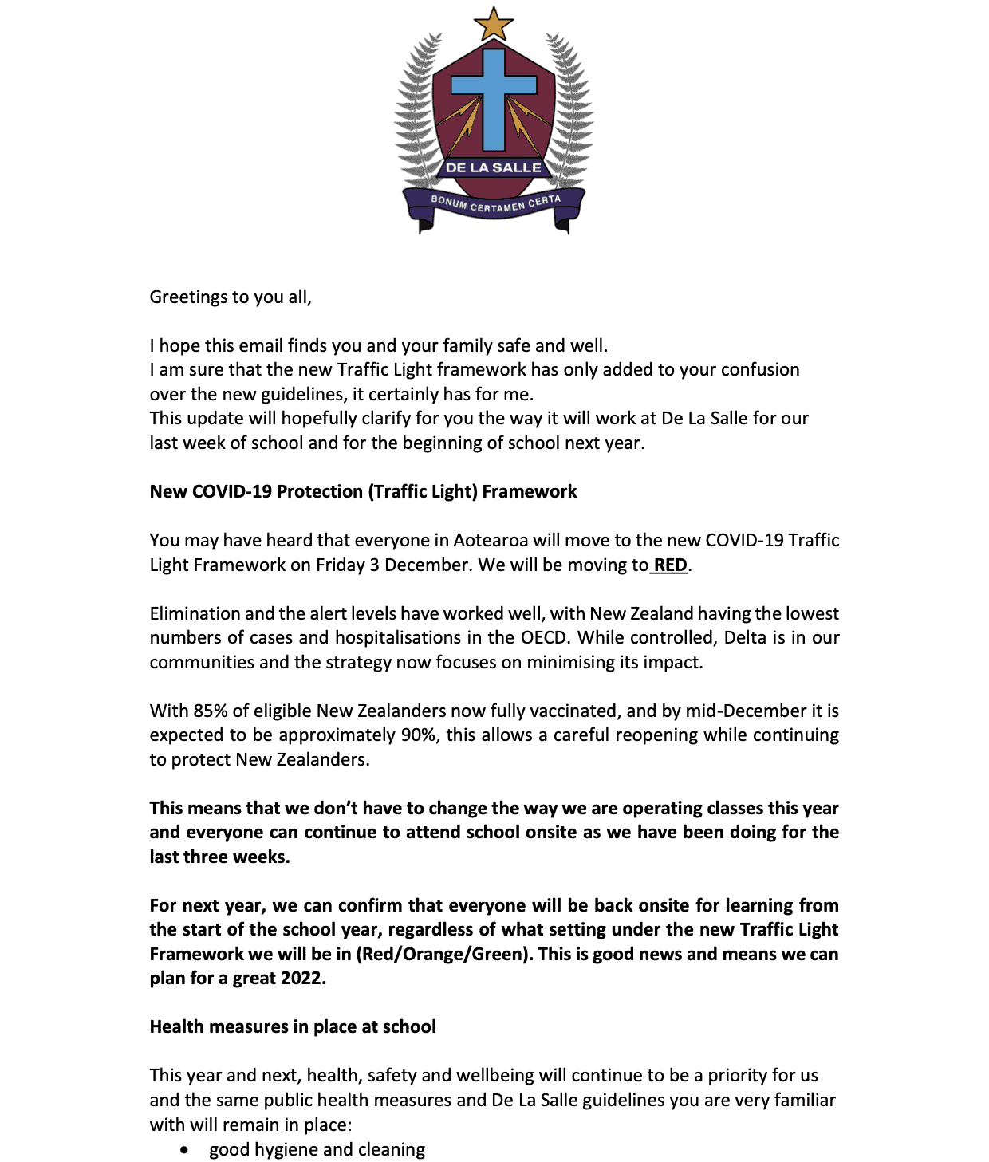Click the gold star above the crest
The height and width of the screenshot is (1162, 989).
493,24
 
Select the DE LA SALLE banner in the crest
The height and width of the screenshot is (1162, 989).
493,167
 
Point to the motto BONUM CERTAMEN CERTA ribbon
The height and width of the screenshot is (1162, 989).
495,204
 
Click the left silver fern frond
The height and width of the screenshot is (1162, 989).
416,112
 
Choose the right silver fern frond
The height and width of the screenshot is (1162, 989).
572,112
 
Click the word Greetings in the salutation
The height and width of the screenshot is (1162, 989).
188,297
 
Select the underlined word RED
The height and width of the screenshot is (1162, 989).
671,565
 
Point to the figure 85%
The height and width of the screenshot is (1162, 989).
211,711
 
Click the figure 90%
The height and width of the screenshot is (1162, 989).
420,735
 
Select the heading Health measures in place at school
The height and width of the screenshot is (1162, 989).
293,1027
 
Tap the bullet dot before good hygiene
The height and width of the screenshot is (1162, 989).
185,1150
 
